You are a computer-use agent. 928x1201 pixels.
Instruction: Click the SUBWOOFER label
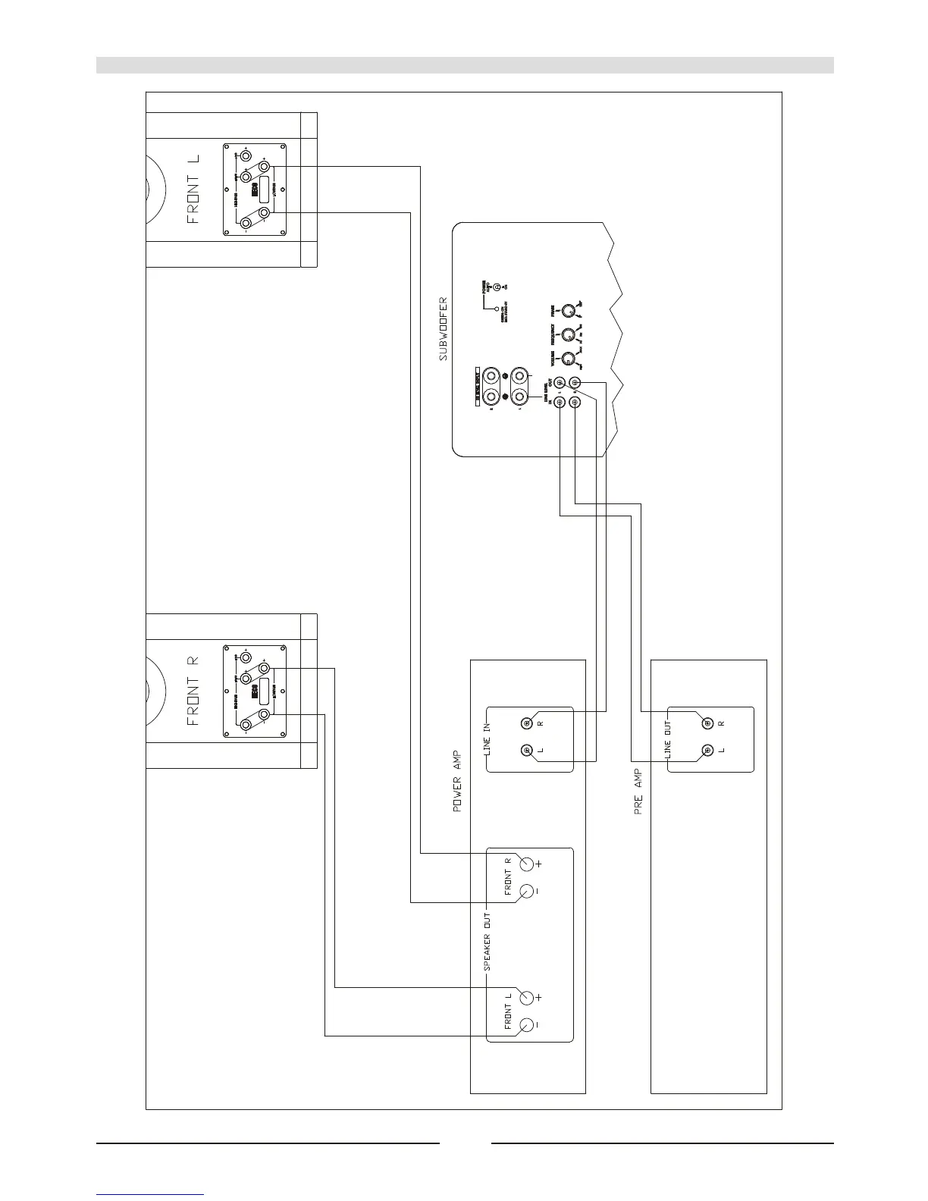444,328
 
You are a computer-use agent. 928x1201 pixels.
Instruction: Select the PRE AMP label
638,792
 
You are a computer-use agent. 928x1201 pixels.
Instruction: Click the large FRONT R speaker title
193,690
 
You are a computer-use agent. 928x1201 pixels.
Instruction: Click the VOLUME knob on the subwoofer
565,361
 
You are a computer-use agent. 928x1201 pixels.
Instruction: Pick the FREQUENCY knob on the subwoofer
566,334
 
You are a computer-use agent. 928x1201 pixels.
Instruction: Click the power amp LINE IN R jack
526,723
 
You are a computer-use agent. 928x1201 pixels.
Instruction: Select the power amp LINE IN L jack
526,751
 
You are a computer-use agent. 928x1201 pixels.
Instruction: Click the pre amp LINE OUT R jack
707,723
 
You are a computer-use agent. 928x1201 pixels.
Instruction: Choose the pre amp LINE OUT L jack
707,751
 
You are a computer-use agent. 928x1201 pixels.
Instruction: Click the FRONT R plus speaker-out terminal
525,864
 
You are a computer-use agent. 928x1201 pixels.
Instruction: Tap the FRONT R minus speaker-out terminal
525,892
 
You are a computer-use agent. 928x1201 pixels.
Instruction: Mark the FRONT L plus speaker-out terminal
525,997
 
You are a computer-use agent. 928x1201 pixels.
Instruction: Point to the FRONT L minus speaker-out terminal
525,1025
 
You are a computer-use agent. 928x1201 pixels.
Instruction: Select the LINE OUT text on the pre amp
668,740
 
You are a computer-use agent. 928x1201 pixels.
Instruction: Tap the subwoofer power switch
497,288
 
